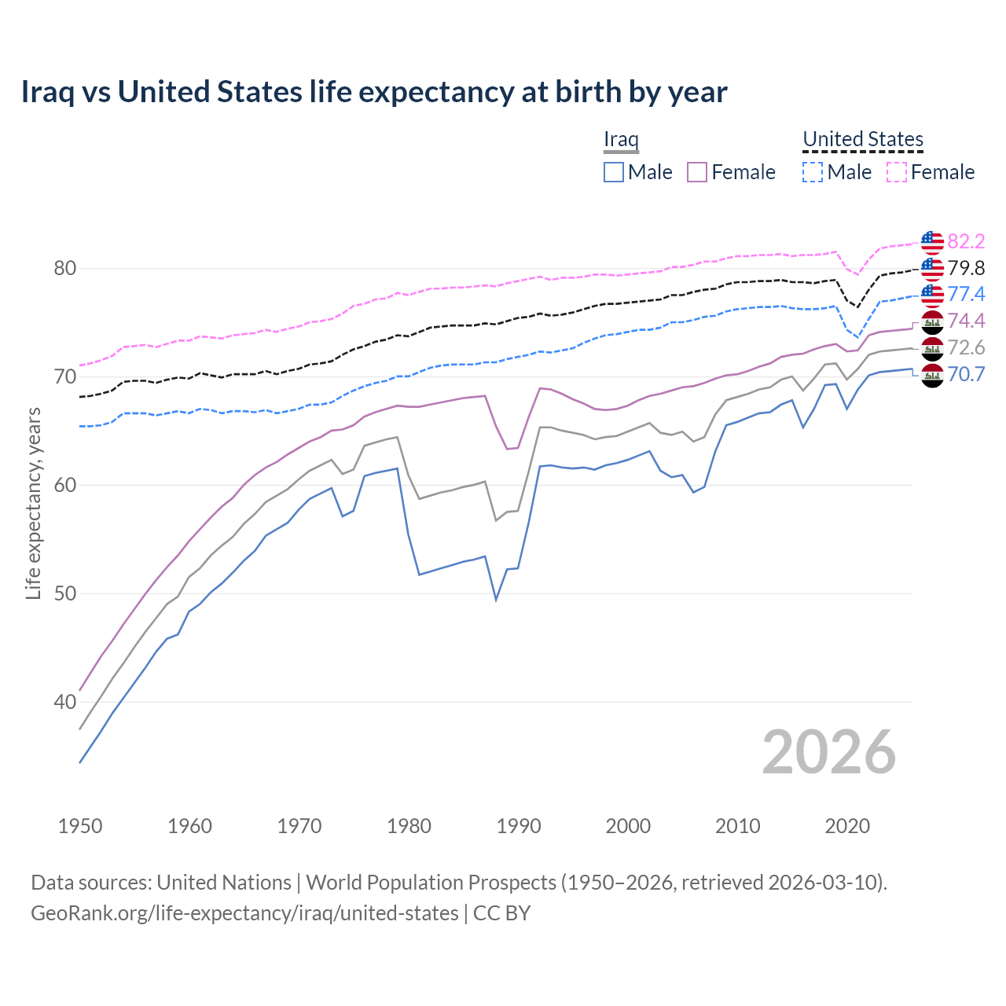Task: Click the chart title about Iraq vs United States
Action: click(x=374, y=92)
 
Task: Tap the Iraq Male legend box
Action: click(x=614, y=172)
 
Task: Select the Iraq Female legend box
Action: click(x=697, y=172)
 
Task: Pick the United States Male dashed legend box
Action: click(x=813, y=172)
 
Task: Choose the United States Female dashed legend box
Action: click(x=897, y=172)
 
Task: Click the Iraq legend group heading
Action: click(x=621, y=139)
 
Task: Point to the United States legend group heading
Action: click(x=862, y=139)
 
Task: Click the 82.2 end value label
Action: click(x=966, y=241)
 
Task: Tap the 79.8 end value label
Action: click(x=966, y=268)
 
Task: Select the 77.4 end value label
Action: click(x=966, y=294)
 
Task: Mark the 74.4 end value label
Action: click(x=966, y=321)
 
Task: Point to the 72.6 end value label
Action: click(x=966, y=347)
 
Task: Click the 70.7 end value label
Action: click(x=966, y=374)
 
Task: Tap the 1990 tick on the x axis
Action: click(x=519, y=826)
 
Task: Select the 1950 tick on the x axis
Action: click(x=80, y=826)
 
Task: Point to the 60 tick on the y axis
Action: click(x=64, y=485)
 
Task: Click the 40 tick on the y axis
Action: click(x=64, y=702)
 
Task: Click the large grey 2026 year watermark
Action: click(x=829, y=752)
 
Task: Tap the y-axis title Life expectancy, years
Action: click(x=34, y=503)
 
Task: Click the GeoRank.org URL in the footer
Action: click(x=244, y=913)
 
